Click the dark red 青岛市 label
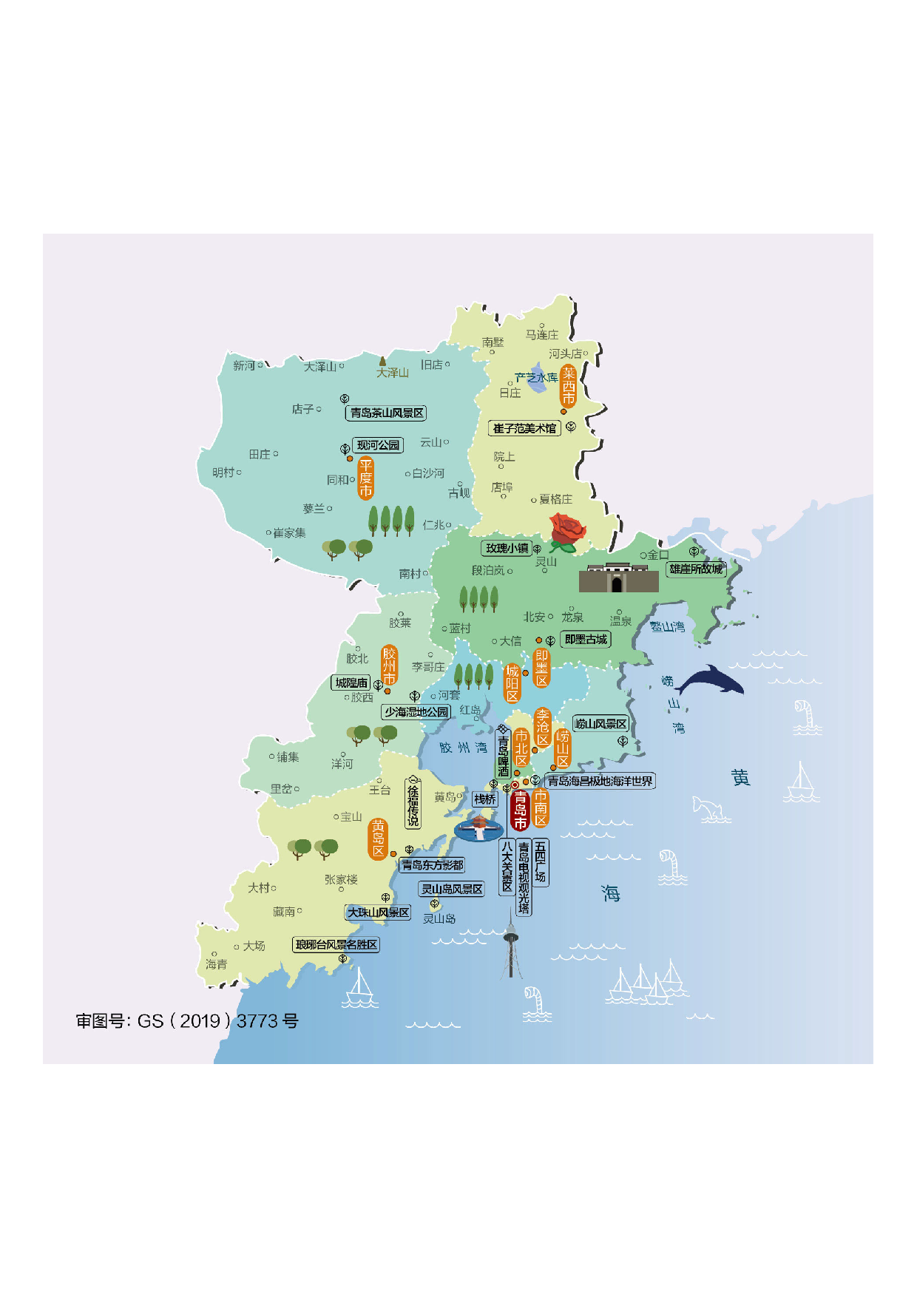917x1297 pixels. coord(521,810)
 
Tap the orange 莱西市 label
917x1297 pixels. coord(568,386)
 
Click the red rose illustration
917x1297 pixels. coord(566,532)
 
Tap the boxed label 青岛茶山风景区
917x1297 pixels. coord(387,413)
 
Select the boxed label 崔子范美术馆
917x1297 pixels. coord(524,428)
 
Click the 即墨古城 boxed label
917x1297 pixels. coord(586,640)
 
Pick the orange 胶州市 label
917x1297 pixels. coord(389,666)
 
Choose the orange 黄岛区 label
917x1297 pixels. coord(378,839)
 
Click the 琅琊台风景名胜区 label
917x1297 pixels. coord(336,945)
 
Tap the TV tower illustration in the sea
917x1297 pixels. coord(510,946)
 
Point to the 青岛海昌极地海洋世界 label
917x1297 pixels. coord(600,781)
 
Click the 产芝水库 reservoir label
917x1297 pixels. coord(537,378)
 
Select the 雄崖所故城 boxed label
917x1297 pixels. coord(696,569)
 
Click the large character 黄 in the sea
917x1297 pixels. coord(740,777)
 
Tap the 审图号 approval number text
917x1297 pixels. coord(187,1021)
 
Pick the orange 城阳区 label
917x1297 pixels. coord(512,683)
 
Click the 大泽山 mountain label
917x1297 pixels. coord(392,373)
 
